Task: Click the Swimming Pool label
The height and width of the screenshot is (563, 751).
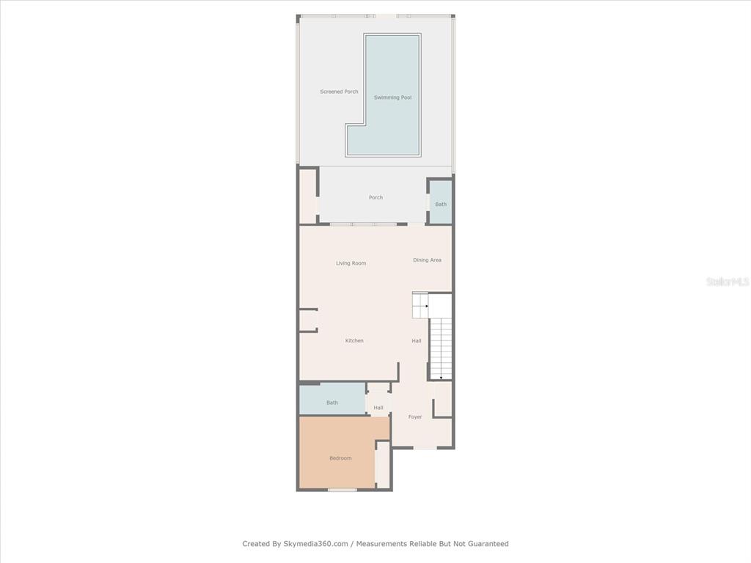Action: (393, 97)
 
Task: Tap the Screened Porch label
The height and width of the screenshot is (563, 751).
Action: (339, 92)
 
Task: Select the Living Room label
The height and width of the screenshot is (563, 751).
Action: (351, 263)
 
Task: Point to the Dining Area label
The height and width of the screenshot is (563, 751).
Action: (428, 260)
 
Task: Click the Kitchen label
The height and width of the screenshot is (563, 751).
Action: (354, 341)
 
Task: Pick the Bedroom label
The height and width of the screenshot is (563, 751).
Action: (340, 458)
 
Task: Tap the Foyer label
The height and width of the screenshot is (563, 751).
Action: (415, 417)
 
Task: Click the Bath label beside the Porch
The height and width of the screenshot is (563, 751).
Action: (441, 205)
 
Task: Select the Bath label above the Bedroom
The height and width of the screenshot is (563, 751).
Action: (332, 402)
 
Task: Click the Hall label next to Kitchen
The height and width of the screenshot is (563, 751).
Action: (417, 341)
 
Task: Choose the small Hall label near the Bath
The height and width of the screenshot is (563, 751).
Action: (378, 408)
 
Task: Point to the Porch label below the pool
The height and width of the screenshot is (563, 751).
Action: (376, 197)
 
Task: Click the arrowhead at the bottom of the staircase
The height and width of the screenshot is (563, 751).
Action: (441, 378)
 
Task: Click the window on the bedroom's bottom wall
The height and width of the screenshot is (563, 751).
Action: (342, 490)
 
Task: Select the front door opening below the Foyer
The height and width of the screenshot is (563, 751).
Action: (425, 448)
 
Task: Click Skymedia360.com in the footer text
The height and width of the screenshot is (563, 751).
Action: (315, 544)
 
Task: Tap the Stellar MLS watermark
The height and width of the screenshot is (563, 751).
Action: (728, 281)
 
